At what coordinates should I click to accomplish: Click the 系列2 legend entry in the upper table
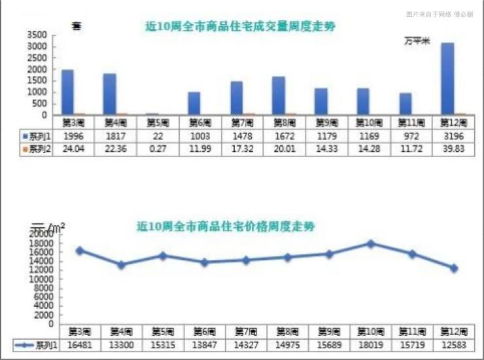(x=37, y=149)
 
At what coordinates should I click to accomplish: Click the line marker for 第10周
(x=371, y=243)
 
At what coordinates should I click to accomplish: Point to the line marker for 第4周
(x=121, y=265)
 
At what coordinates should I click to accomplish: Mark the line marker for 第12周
(x=453, y=268)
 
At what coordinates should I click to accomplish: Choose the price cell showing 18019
(x=371, y=344)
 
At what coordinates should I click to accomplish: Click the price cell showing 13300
(x=121, y=344)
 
